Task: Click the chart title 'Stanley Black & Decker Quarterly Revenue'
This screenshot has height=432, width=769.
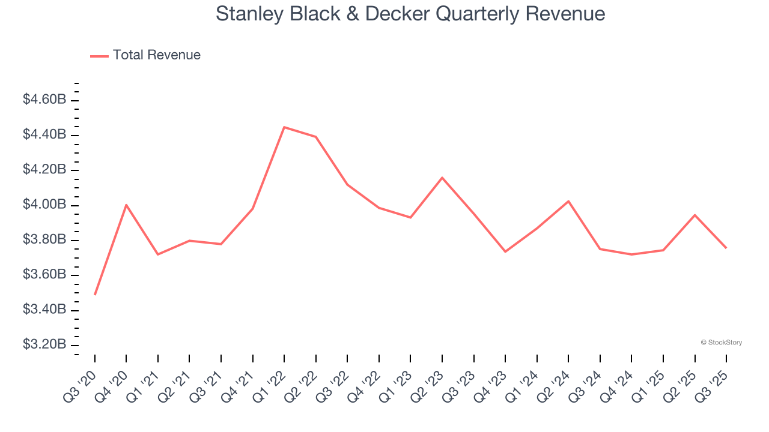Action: [410, 14]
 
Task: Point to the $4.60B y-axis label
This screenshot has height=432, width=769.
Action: [44, 100]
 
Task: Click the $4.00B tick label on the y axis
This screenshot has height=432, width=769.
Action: [44, 205]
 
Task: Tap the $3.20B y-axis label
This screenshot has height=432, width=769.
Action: [44, 345]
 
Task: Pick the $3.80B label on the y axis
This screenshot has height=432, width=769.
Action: [44, 240]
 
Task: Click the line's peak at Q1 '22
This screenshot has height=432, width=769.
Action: [284, 127]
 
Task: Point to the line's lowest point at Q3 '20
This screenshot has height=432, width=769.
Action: [95, 295]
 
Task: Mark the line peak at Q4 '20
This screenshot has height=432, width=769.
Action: [126, 205]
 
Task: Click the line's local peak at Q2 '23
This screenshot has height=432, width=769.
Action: [442, 178]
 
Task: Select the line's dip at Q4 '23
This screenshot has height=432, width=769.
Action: [505, 251]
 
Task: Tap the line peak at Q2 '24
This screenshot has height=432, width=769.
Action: [568, 201]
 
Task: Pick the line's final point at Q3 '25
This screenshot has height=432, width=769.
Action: [726, 248]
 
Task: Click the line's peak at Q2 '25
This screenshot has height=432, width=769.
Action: [695, 215]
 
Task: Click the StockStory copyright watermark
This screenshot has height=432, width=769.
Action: [721, 343]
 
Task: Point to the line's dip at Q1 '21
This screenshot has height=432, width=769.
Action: [158, 254]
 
